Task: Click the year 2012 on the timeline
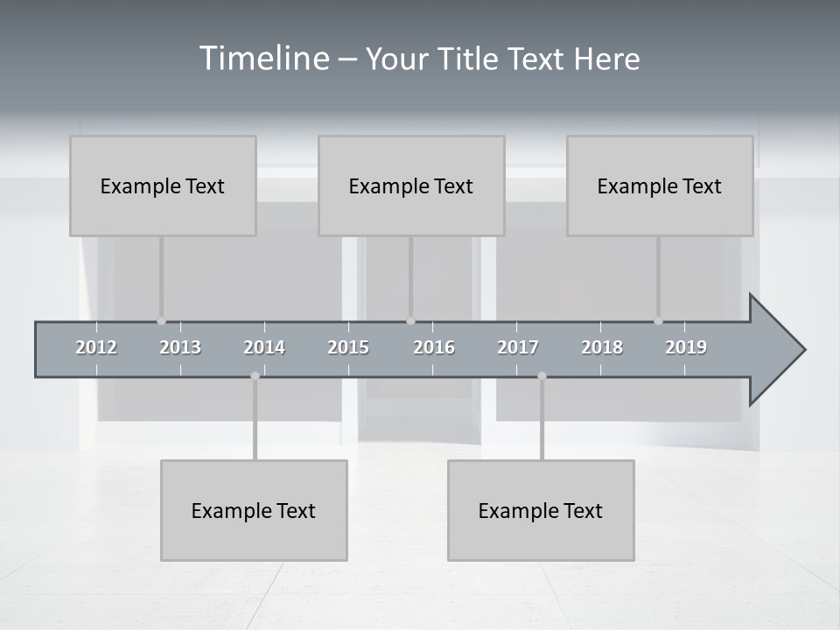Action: click(x=96, y=347)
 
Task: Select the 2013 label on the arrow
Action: click(x=180, y=347)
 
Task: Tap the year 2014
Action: click(x=264, y=347)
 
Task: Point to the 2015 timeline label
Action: click(x=348, y=347)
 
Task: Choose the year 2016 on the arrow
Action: click(x=434, y=347)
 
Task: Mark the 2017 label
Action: click(x=518, y=347)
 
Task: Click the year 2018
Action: click(x=602, y=347)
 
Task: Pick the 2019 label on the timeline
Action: click(x=686, y=347)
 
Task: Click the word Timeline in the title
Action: click(x=263, y=59)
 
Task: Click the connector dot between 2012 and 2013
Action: click(x=161, y=321)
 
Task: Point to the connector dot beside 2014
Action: click(x=255, y=376)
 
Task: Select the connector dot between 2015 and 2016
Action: click(x=410, y=321)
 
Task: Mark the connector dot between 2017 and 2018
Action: click(x=542, y=376)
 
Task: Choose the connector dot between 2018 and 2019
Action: click(x=658, y=321)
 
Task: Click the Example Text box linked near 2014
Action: click(x=254, y=510)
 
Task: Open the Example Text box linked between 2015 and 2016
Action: click(x=411, y=185)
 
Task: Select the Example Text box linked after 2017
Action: click(x=541, y=510)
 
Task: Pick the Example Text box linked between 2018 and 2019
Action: click(x=660, y=185)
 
